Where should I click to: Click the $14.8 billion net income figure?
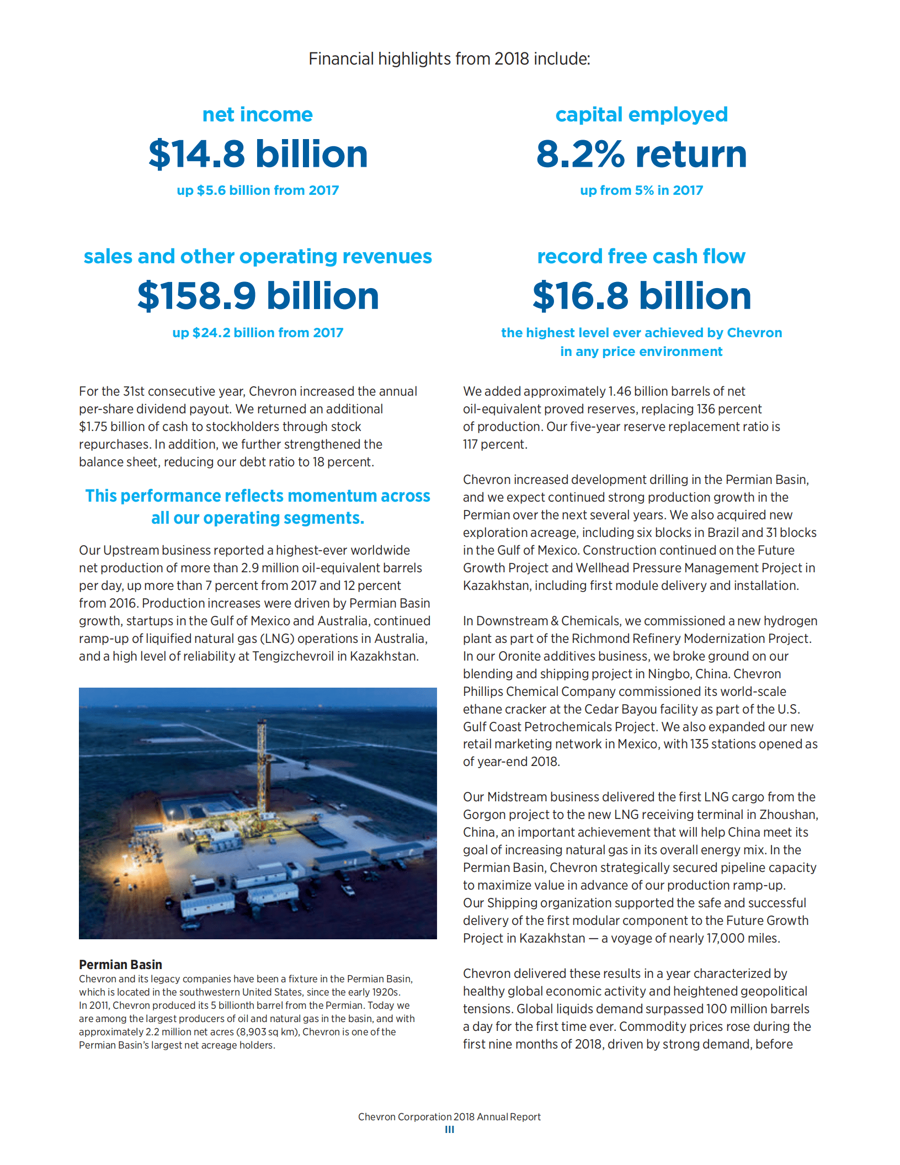click(258, 154)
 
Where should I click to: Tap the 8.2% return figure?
click(641, 154)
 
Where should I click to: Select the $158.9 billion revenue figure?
click(258, 296)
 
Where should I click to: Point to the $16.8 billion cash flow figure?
click(641, 296)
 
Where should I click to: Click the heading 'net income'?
click(258, 115)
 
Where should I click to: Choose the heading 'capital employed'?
click(641, 115)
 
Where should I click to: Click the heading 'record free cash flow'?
click(641, 257)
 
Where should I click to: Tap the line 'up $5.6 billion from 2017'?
click(258, 190)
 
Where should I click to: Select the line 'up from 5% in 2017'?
click(641, 190)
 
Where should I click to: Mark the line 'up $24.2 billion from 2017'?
click(258, 333)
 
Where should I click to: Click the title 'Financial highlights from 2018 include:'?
click(449, 59)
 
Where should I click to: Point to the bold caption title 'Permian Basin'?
click(120, 965)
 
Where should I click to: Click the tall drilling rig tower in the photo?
click(262, 773)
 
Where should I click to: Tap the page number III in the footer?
click(449, 1130)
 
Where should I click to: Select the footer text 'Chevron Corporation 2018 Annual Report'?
click(449, 1117)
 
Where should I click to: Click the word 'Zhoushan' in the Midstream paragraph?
click(788, 815)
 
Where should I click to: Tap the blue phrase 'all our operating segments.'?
click(258, 518)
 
